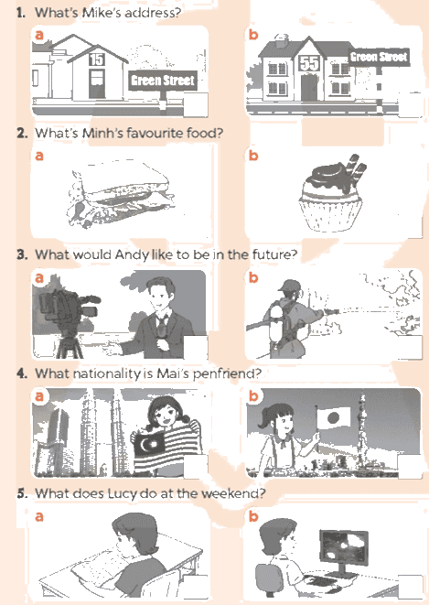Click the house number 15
click(x=97, y=59)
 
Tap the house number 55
click(x=309, y=63)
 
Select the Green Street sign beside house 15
click(x=162, y=81)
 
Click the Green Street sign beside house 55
click(x=379, y=57)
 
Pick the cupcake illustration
click(x=331, y=194)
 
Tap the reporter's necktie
click(x=161, y=327)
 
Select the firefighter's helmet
click(x=290, y=286)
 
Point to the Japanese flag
click(x=333, y=417)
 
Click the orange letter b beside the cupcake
click(x=253, y=155)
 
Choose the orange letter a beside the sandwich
click(x=39, y=156)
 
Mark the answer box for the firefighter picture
click(x=410, y=347)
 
